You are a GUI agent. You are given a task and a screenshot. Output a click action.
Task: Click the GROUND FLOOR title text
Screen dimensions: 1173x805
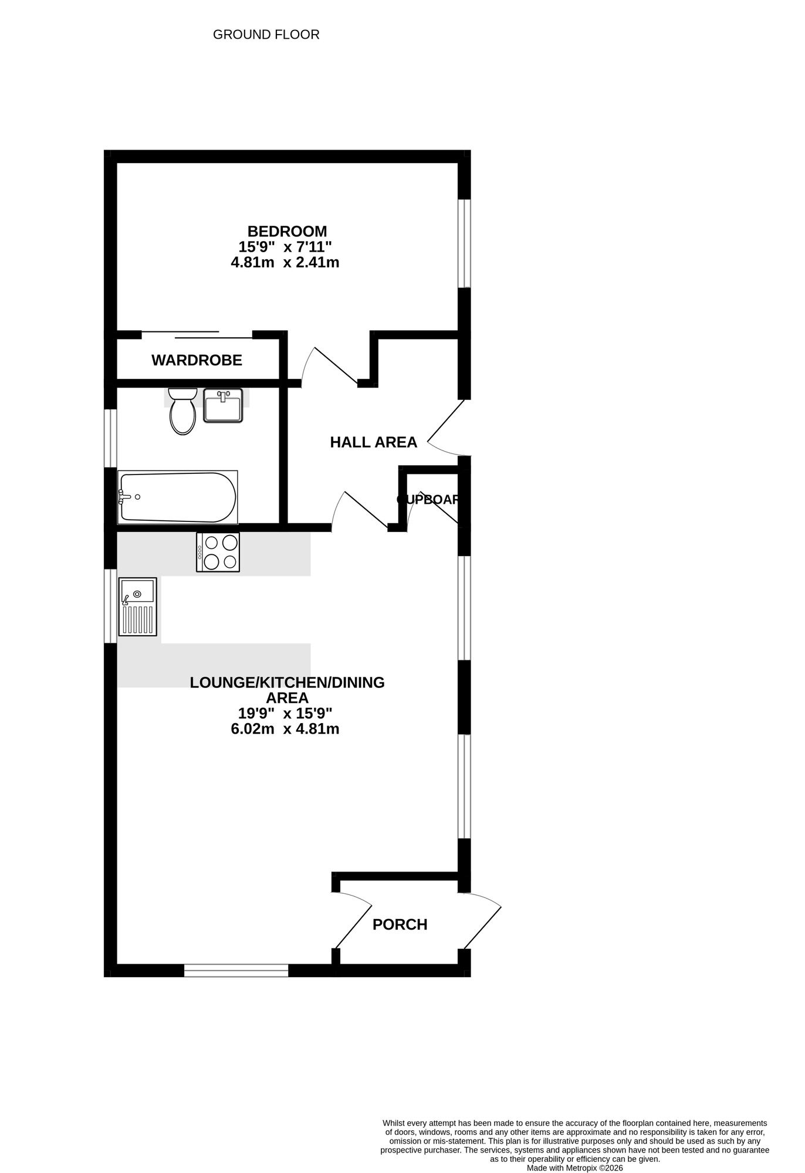tap(266, 35)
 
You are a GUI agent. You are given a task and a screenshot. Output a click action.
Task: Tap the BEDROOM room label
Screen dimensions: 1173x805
tap(287, 231)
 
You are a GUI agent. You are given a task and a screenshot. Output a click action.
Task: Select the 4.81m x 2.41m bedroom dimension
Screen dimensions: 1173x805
tap(285, 262)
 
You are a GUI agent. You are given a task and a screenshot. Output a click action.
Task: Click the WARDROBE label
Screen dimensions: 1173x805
tap(197, 360)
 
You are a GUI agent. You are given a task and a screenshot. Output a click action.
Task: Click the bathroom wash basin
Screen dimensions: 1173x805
tap(223, 405)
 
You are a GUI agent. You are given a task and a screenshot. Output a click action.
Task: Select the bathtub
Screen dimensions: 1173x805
tap(177, 497)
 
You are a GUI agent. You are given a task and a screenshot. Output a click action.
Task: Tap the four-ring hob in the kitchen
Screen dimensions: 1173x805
tap(218, 552)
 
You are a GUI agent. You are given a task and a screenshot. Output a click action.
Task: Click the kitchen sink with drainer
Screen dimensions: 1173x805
tap(138, 606)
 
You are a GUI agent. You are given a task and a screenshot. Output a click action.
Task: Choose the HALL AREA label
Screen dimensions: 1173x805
tap(373, 442)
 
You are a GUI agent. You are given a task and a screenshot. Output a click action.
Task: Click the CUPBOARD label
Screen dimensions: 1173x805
tap(428, 500)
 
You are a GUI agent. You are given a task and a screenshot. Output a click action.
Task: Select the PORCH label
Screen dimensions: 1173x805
tap(400, 924)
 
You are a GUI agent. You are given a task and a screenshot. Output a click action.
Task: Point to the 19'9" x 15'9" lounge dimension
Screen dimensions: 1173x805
tap(285, 713)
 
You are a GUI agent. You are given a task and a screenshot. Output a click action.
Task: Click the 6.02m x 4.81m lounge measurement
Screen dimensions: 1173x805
tap(285, 729)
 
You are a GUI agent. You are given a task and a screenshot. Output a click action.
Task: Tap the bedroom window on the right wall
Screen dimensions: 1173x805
tap(464, 243)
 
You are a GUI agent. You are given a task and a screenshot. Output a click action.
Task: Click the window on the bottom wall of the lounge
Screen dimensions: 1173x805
tap(236, 970)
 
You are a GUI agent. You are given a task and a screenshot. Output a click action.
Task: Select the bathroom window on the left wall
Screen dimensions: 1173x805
tap(110, 438)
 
